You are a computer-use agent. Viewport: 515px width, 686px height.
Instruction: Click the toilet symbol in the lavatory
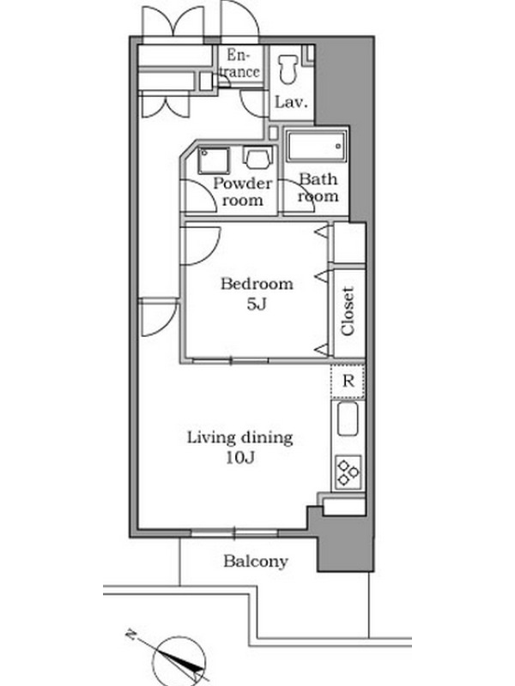click(x=288, y=69)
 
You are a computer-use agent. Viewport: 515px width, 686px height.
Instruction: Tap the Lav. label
click(x=291, y=102)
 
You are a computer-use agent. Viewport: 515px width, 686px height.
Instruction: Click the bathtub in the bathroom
click(x=316, y=146)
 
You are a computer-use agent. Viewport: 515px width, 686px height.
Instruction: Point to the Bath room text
click(x=318, y=188)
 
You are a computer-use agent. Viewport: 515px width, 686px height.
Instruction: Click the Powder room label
click(x=242, y=191)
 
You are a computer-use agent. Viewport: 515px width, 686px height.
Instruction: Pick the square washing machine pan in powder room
click(x=213, y=160)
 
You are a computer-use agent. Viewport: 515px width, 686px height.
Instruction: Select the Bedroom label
click(x=257, y=284)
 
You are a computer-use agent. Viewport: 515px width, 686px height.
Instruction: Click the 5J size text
click(x=257, y=304)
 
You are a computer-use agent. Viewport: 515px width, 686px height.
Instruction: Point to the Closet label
click(x=348, y=311)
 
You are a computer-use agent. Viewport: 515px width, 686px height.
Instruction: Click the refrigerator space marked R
click(x=348, y=381)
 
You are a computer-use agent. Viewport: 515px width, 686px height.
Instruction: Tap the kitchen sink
click(x=348, y=418)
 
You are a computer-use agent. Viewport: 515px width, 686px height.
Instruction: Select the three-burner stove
click(x=348, y=472)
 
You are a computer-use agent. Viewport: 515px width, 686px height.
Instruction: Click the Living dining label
click(x=240, y=437)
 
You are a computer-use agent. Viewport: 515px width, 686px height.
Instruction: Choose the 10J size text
click(x=240, y=458)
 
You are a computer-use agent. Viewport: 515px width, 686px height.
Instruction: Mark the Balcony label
click(x=256, y=562)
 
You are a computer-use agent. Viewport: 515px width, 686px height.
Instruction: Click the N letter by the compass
click(x=130, y=634)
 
